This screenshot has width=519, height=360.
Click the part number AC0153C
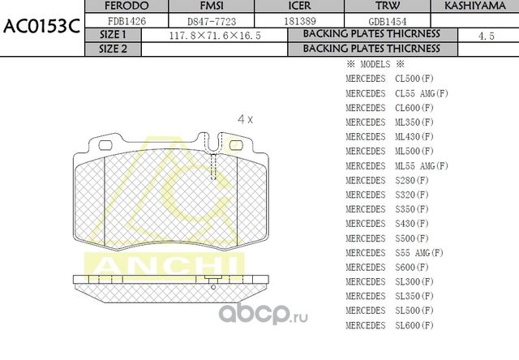click(x=41, y=24)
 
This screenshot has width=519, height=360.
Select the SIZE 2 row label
click(x=113, y=49)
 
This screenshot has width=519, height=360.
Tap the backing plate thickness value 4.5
click(x=487, y=36)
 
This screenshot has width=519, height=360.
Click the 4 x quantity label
click(x=245, y=119)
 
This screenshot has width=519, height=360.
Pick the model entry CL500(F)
click(x=390, y=79)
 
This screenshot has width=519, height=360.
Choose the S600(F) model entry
click(x=390, y=267)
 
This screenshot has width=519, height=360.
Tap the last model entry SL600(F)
click(x=390, y=325)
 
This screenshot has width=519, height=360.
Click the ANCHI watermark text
click(x=162, y=264)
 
